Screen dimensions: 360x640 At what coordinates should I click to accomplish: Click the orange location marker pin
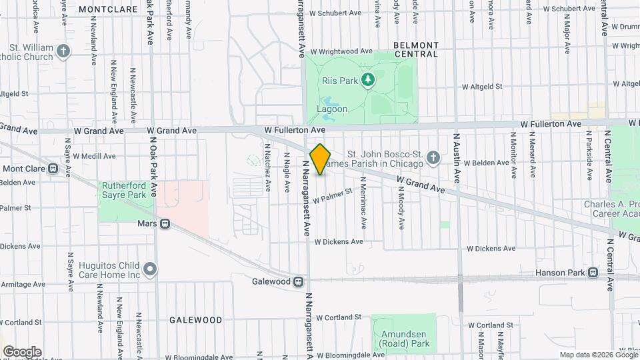tap(320, 159)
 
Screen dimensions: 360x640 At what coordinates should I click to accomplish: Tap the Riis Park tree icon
tap(367, 81)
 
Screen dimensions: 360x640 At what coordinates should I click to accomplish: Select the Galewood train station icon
tap(299, 281)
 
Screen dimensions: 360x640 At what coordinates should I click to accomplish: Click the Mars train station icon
tap(164, 225)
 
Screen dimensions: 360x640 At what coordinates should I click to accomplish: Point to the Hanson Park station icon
tap(593, 273)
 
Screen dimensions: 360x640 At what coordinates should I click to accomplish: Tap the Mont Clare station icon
tap(69, 169)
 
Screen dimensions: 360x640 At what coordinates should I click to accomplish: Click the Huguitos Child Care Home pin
tap(151, 269)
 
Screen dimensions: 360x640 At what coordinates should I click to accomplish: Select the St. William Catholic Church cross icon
tap(63, 51)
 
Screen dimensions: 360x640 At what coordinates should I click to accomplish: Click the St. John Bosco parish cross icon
tap(433, 158)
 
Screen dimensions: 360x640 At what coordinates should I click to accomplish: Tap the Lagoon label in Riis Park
tap(331, 109)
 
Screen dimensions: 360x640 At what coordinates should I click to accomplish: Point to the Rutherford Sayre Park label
tap(123, 190)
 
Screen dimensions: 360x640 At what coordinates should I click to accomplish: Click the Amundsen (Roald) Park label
tap(403, 339)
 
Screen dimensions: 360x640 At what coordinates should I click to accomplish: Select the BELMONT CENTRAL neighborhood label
tap(415, 49)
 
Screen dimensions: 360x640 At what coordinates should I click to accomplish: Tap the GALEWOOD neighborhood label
tap(195, 320)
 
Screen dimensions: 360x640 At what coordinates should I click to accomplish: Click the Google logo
tap(22, 351)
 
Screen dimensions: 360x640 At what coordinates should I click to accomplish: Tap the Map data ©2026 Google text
tap(598, 355)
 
